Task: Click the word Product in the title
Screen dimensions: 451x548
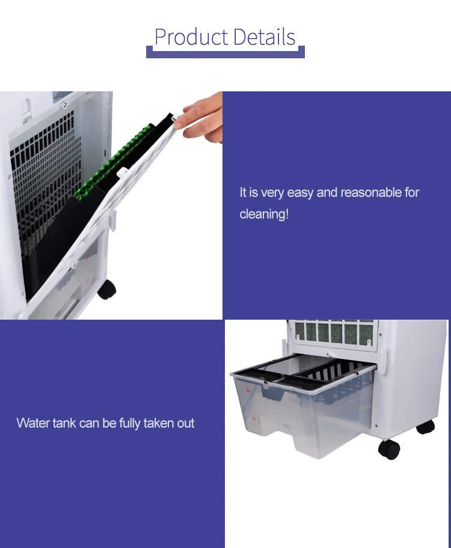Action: [x=191, y=37]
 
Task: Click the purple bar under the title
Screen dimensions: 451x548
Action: [x=226, y=53]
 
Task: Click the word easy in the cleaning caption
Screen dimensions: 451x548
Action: [x=300, y=193]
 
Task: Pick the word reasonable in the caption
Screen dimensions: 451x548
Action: [x=371, y=192]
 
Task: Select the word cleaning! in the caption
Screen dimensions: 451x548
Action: [x=264, y=214]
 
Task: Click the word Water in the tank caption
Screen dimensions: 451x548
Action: [x=33, y=423]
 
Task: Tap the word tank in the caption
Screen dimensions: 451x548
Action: [x=64, y=423]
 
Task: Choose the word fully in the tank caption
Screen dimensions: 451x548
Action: [x=129, y=424]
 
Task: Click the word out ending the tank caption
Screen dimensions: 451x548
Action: [x=185, y=423]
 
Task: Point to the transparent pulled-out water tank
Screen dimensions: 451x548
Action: [x=302, y=406]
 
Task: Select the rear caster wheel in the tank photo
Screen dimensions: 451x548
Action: [x=426, y=427]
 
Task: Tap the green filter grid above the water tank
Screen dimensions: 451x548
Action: [x=334, y=332]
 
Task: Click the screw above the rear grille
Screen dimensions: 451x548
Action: [x=64, y=104]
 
